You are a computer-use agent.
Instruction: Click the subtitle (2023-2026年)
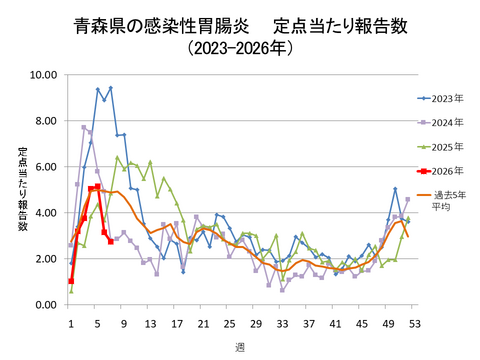click(240, 47)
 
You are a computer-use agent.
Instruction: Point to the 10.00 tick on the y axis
click(43, 75)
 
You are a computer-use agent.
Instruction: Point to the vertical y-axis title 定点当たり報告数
click(21, 190)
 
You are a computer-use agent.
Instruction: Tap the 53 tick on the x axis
click(413, 321)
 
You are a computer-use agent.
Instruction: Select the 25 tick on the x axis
click(229, 321)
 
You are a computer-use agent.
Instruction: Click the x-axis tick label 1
click(71, 321)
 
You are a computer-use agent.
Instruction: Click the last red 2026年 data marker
click(110, 241)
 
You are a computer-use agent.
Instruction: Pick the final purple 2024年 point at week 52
click(407, 199)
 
